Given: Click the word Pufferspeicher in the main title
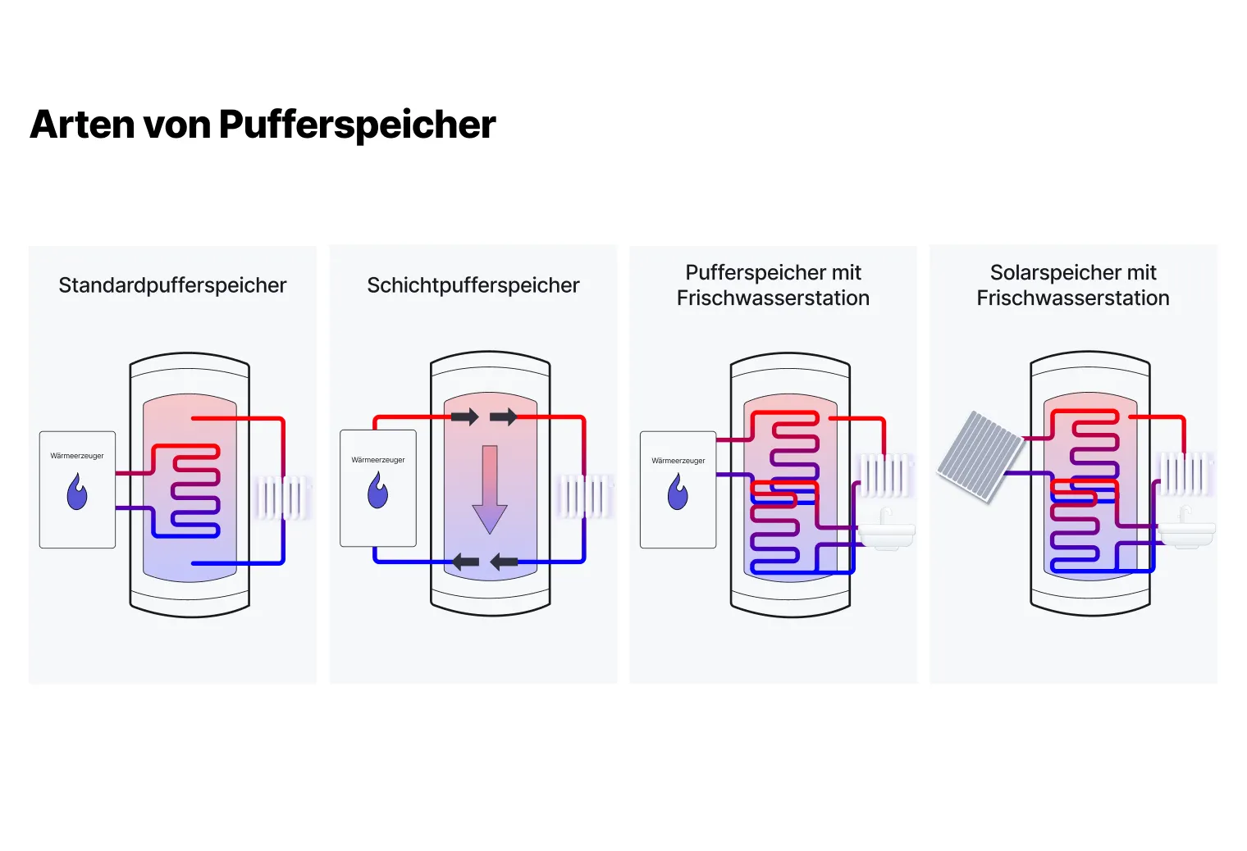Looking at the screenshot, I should pyautogui.click(x=357, y=125).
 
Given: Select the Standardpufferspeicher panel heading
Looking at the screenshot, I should pyautogui.click(x=172, y=285).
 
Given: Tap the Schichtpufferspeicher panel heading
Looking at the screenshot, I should pyautogui.click(x=473, y=285).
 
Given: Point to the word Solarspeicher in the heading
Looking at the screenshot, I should pyautogui.click(x=1044, y=272).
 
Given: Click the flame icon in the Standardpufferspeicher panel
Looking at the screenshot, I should pyautogui.click(x=77, y=493).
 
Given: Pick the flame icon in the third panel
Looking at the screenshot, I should pyautogui.click(x=678, y=492).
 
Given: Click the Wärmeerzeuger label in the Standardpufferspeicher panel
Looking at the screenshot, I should pyautogui.click(x=77, y=456).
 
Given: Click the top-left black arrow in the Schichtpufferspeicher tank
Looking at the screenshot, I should pyautogui.click(x=464, y=416).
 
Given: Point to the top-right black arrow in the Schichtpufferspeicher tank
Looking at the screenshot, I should pyautogui.click(x=503, y=416).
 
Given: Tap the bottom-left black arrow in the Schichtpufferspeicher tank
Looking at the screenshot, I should pyautogui.click(x=465, y=562).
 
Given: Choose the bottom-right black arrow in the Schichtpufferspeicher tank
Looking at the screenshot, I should pyautogui.click(x=504, y=562).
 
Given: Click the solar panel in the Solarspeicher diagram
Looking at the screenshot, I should pyautogui.click(x=980, y=455).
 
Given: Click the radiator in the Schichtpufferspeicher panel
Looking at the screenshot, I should pyautogui.click(x=585, y=495).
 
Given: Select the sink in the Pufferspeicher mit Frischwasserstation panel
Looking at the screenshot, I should pyautogui.click(x=887, y=532).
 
